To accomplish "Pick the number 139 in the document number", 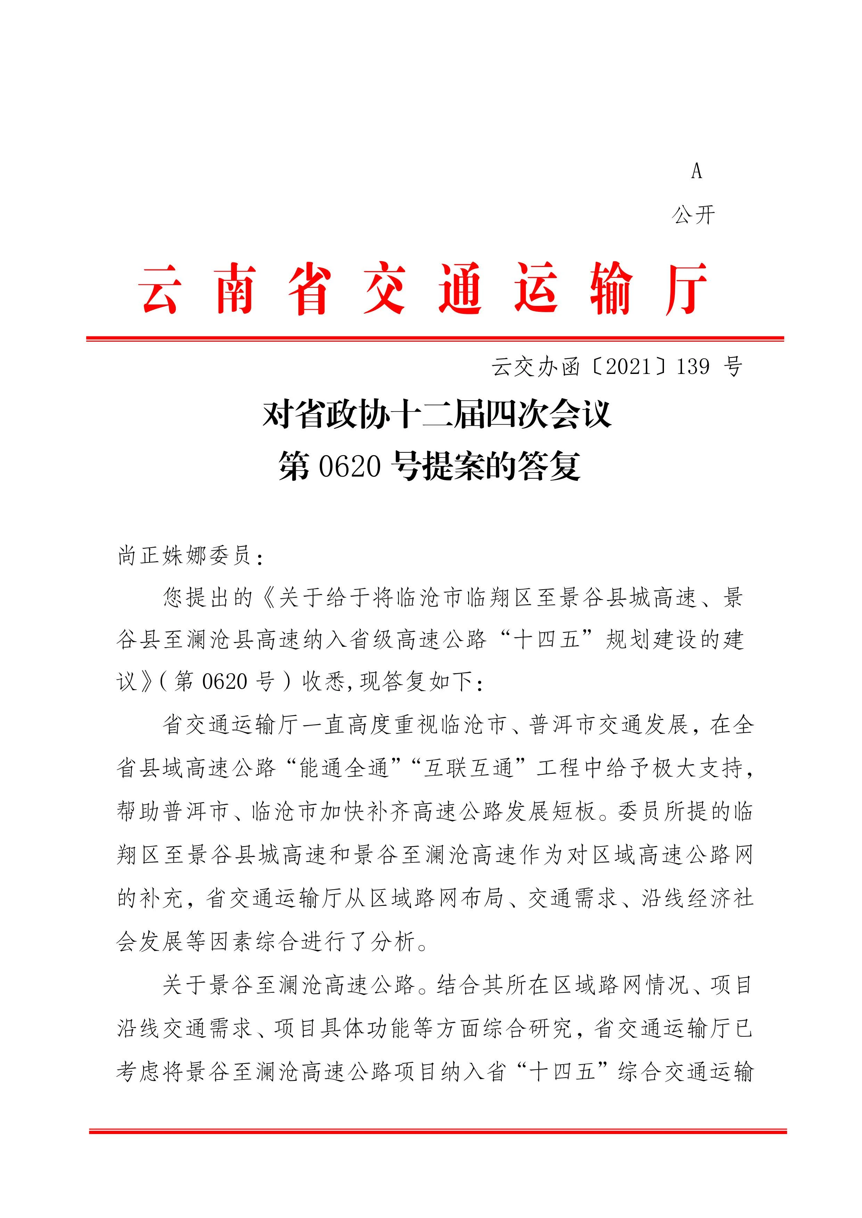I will point(693,367).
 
